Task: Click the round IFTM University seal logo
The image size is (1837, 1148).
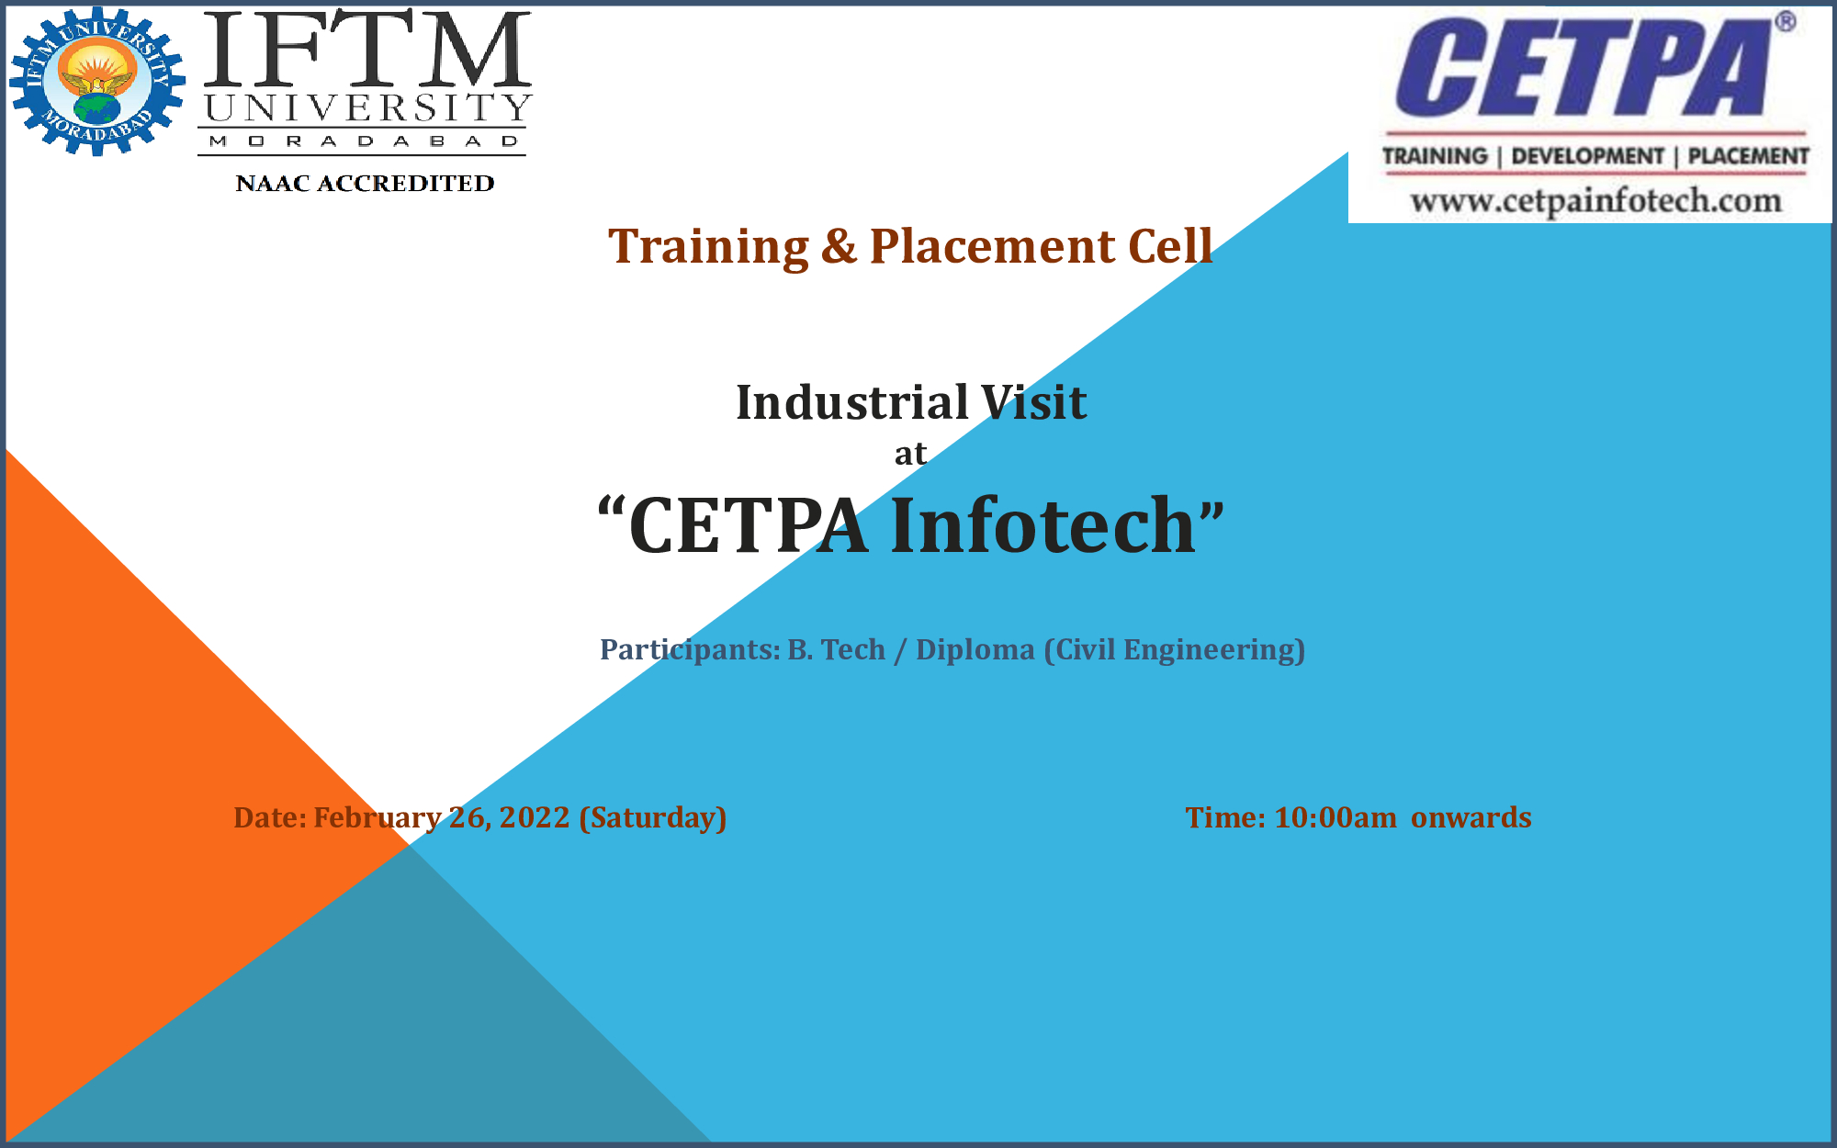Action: [x=97, y=82]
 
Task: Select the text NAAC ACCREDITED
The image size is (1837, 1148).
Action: [x=365, y=184]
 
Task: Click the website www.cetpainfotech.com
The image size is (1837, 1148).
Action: [x=1596, y=200]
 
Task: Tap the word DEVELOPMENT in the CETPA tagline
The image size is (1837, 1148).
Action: [x=1587, y=156]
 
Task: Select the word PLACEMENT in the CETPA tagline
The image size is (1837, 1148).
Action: [x=1749, y=156]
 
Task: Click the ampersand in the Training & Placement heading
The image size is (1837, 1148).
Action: [x=839, y=247]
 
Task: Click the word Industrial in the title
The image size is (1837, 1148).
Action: [x=852, y=402]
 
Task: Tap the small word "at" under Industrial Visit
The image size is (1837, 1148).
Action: [x=910, y=454]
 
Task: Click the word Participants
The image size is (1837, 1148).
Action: [x=690, y=650]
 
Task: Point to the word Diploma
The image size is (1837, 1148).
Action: [x=975, y=650]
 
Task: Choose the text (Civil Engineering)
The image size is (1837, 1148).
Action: [x=1175, y=650]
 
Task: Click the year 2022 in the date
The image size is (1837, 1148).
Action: [x=535, y=817]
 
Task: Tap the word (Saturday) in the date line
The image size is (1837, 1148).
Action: [x=653, y=818]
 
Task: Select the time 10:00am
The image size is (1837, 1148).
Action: [x=1335, y=817]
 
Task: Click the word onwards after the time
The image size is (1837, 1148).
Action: [x=1471, y=817]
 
